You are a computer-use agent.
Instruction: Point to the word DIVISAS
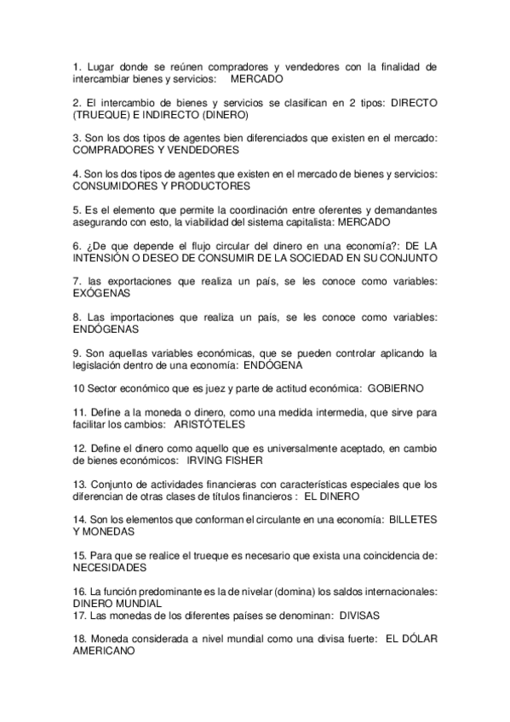click(x=359, y=614)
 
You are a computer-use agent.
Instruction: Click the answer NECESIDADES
click(x=110, y=567)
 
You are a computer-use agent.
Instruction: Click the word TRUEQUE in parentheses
click(x=106, y=114)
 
